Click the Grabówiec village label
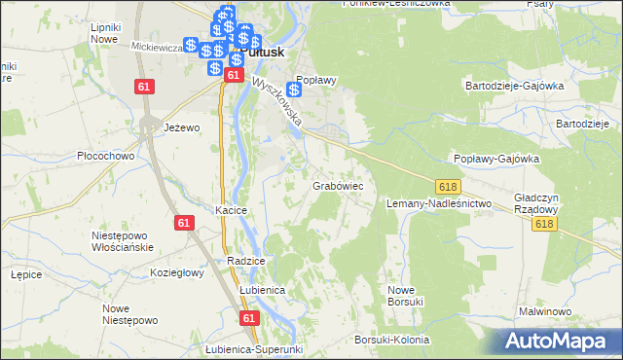click(338, 184)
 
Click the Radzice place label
click(246, 262)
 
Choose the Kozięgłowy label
click(176, 273)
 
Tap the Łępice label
click(25, 274)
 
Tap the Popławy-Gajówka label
click(496, 159)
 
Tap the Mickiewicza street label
click(151, 46)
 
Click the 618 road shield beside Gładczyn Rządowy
click(545, 224)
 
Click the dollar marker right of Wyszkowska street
click(294, 90)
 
